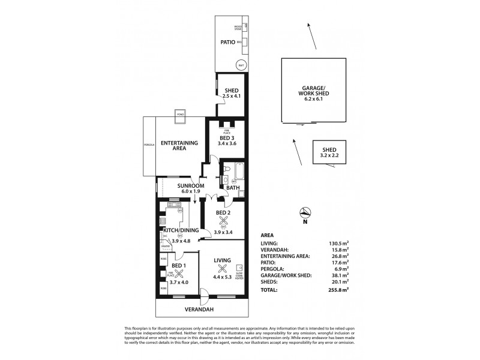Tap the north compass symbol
pos(305,212)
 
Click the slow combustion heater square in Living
pos(239,268)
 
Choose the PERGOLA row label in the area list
pos(272,269)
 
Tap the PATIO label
pos(226,42)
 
